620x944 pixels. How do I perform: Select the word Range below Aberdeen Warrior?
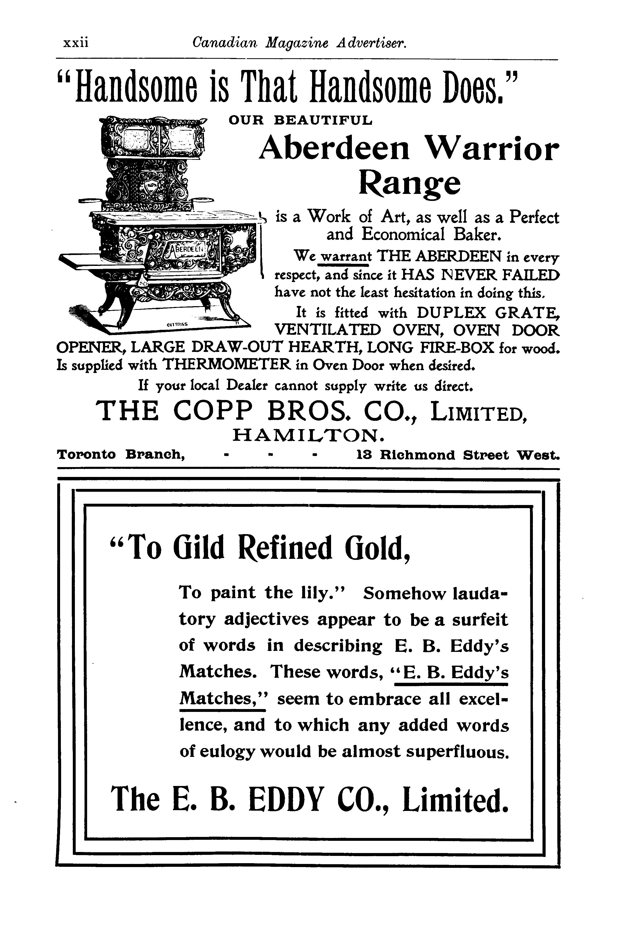click(409, 184)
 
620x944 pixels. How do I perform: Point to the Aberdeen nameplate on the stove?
click(186, 249)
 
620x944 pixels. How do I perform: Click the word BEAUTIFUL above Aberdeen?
click(324, 120)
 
